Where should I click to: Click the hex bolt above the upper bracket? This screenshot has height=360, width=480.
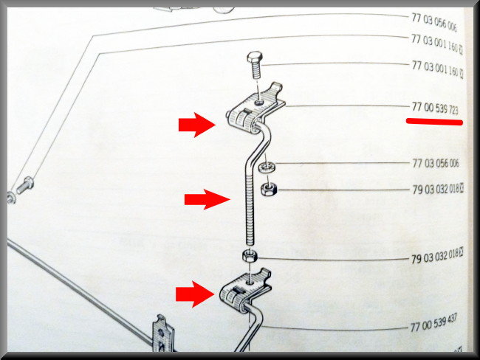[x=255, y=65]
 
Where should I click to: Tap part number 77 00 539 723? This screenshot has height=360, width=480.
[x=435, y=108]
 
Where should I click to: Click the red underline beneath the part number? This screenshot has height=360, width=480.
[x=434, y=122]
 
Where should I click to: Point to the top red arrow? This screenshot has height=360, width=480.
[x=197, y=125]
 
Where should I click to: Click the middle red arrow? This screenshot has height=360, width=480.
[x=207, y=199]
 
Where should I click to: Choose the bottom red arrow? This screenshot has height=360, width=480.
[x=195, y=294]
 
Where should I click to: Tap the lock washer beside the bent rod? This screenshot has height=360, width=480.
[x=267, y=167]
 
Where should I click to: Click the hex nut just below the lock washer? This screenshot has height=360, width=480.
[x=269, y=190]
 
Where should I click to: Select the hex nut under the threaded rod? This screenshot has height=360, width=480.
[x=250, y=256]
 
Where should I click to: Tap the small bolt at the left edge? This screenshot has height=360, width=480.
[x=25, y=185]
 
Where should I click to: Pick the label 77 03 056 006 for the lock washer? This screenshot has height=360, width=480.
[x=436, y=163]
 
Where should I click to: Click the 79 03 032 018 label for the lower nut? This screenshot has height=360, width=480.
[x=436, y=256]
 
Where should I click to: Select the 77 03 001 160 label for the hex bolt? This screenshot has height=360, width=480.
[x=437, y=69]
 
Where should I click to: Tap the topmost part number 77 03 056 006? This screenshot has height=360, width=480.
[x=434, y=22]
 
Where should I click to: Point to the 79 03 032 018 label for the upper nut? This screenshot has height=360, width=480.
[x=437, y=190]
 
